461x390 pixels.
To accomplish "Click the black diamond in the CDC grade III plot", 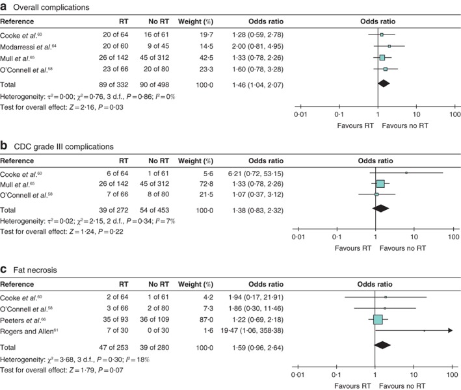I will [382, 209].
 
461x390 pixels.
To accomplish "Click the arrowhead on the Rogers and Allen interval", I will [449, 331].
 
